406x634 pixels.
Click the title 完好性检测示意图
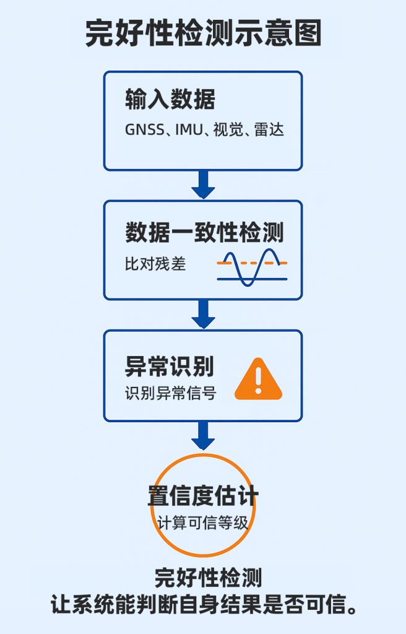[203, 34]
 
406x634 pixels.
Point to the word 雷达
[269, 131]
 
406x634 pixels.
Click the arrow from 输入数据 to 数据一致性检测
[203, 184]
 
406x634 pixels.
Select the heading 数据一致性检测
[204, 233]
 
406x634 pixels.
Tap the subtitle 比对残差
[155, 264]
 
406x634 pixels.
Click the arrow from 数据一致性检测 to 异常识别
[203, 313]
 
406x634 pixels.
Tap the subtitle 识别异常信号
[170, 393]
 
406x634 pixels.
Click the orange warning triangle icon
[258, 380]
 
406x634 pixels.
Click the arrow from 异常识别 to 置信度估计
[203, 435]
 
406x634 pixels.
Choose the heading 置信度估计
[203, 495]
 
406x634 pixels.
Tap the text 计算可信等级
[203, 523]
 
